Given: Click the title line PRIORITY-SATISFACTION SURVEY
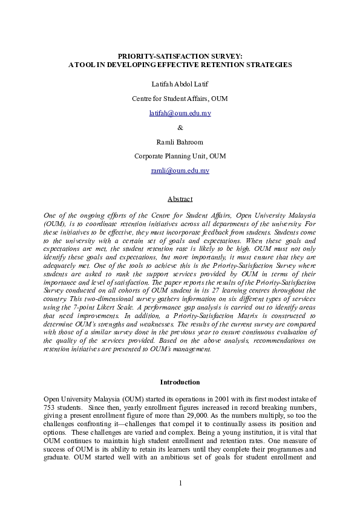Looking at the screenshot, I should coord(180,56).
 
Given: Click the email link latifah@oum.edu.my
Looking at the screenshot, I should coord(180,113).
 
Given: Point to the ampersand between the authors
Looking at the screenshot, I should coord(180,128).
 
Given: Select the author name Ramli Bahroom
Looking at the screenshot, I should coord(180,142).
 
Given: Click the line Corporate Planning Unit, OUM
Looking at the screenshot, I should coord(180,157).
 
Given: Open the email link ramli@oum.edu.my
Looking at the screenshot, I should coord(180,171).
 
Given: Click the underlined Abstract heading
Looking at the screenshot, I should coord(180,199).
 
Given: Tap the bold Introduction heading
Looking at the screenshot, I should coord(180,382).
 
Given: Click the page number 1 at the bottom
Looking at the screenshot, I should coord(180,482).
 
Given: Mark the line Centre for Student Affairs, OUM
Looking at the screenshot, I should coord(180,99).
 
